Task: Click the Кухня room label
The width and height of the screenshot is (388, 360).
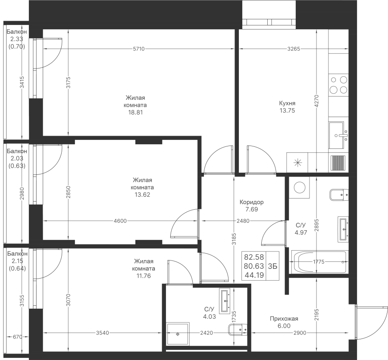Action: tap(287, 103)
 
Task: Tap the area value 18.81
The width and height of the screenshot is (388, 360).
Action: tap(135, 112)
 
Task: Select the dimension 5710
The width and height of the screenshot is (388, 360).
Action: tap(138, 49)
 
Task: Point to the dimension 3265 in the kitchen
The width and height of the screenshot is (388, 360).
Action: tap(294, 49)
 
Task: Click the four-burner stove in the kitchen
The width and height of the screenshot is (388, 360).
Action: tap(338, 84)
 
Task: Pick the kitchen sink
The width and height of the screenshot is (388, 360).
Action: tap(338, 135)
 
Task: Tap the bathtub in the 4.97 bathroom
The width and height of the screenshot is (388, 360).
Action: tap(319, 262)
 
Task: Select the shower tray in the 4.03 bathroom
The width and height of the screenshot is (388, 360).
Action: tap(178, 334)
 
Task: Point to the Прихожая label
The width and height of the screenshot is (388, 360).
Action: tap(284, 319)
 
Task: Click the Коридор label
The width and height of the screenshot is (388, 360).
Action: tap(252, 202)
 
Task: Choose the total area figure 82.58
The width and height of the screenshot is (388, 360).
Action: tap(254, 257)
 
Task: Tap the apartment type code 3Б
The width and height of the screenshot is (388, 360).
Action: tap(272, 266)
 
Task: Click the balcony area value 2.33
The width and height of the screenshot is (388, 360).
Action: tap(16, 39)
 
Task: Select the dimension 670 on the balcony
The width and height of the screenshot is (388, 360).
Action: tap(17, 336)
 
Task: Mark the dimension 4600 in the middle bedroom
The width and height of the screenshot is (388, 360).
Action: tap(121, 221)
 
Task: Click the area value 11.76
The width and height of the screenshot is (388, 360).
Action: tap(144, 276)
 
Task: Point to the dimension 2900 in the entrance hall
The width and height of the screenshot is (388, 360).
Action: tap(300, 333)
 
